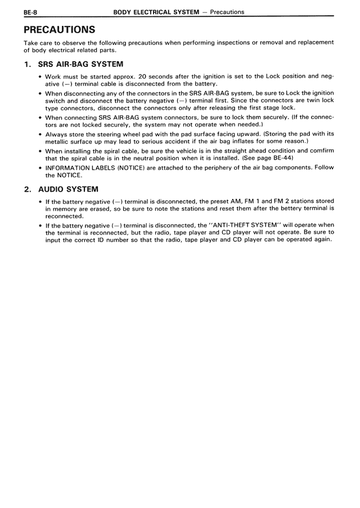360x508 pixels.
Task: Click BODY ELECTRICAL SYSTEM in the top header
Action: click(155, 11)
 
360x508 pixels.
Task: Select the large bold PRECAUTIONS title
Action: click(59, 29)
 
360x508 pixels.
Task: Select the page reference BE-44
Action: click(280, 158)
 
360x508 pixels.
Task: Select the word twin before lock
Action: click(310, 101)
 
